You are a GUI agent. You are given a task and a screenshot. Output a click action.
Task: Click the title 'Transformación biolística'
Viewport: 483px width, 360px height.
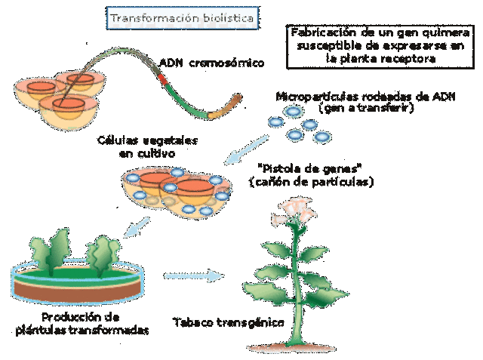click(x=182, y=16)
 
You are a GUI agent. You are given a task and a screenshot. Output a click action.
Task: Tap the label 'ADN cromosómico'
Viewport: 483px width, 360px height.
click(x=212, y=63)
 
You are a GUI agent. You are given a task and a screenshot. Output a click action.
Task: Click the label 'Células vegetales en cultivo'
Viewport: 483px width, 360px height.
click(x=137, y=146)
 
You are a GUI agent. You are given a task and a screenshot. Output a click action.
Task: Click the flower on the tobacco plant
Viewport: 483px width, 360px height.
click(x=297, y=207)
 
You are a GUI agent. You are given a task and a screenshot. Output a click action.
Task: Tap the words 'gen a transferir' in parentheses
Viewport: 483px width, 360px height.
click(x=360, y=108)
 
